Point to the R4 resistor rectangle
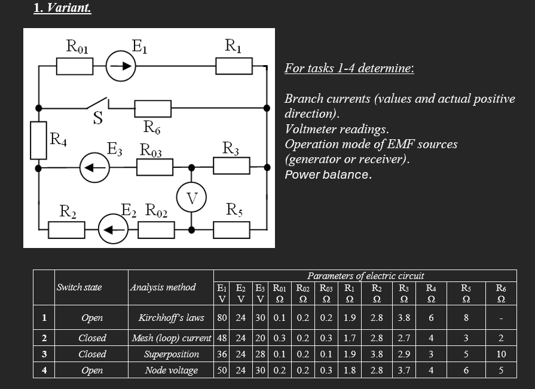coord(39,140)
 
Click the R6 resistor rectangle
coord(153,108)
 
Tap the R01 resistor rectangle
coord(75,66)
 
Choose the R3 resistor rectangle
coord(231,167)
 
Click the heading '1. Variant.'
coord(63,8)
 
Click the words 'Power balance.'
coord(328,174)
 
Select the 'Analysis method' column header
coord(163,287)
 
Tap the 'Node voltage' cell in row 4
coord(171,370)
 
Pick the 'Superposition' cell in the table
coord(171,354)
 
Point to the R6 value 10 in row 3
coord(501,354)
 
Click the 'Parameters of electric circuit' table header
coord(365,275)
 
